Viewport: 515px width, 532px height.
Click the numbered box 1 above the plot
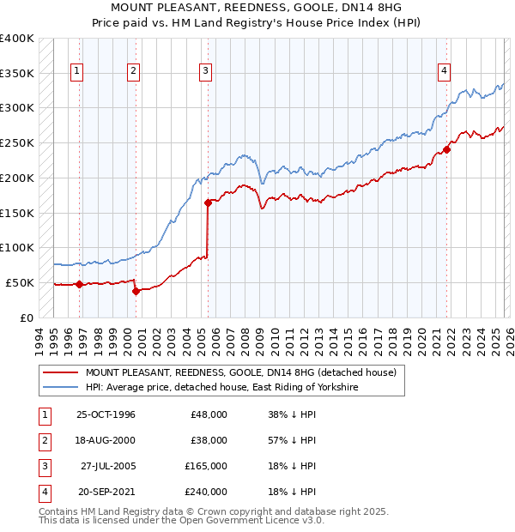(78, 72)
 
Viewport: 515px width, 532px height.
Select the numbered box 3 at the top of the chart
(207, 72)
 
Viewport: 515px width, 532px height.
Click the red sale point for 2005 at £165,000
(209, 203)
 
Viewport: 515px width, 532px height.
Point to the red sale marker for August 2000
(136, 291)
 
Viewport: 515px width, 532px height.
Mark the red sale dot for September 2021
(447, 150)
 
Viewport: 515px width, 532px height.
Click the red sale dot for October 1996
(80, 284)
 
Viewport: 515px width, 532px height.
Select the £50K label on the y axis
(21, 282)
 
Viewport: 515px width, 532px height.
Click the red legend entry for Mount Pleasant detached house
(240, 372)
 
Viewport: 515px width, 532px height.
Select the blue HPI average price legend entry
(221, 388)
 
